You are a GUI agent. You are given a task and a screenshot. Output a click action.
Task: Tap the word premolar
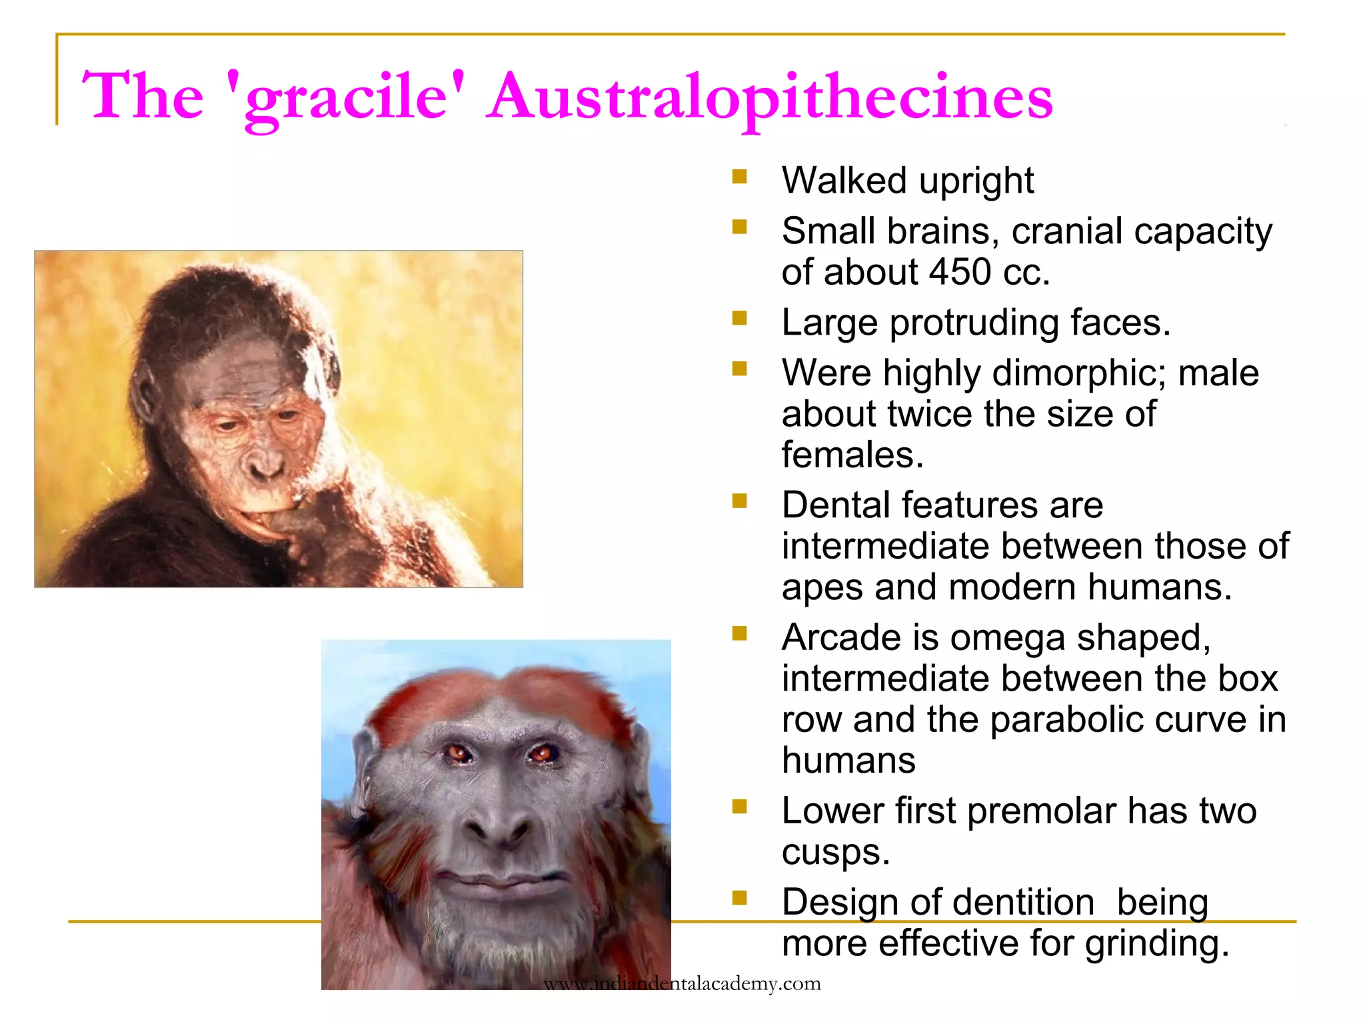[1041, 811]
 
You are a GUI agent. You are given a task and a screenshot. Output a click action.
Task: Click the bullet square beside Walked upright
[739, 177]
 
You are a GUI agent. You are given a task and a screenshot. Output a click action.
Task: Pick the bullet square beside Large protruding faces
[739, 319]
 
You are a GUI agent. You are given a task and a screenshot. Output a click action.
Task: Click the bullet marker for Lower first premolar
[739, 807]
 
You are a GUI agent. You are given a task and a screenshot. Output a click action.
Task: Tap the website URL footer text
[682, 983]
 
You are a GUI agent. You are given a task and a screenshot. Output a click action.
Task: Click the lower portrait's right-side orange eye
[541, 753]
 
